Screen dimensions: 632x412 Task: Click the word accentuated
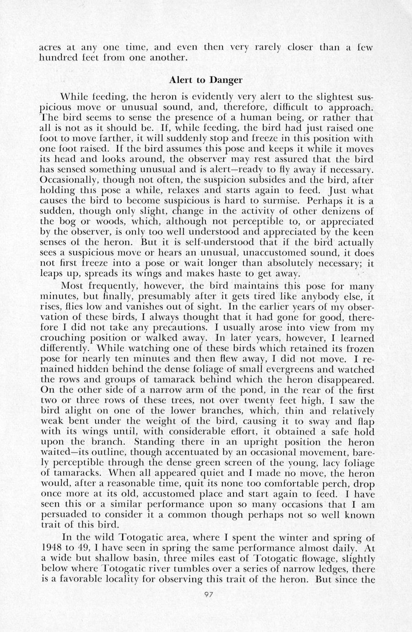(x=194, y=453)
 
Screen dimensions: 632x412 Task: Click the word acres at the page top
(x=49, y=47)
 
